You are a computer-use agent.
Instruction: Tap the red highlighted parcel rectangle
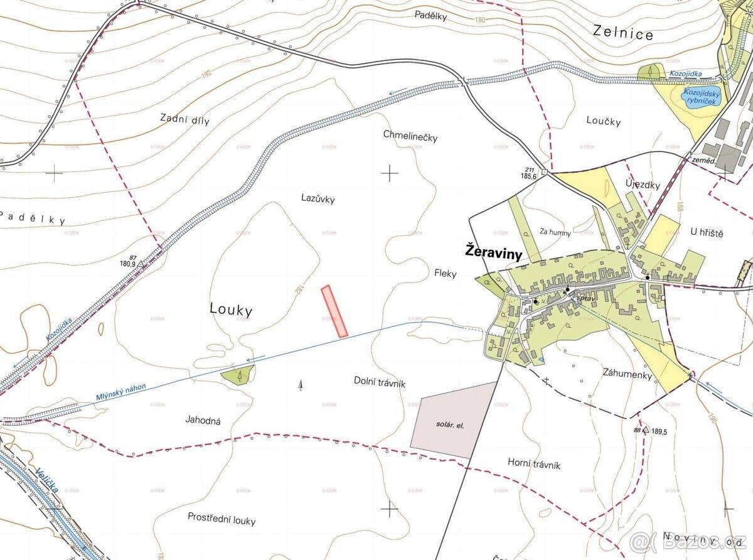click(x=334, y=311)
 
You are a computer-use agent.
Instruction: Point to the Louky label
click(x=231, y=310)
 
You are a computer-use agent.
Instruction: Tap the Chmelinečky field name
click(x=410, y=136)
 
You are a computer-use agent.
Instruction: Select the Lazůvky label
click(x=318, y=199)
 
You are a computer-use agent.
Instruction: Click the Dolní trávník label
click(x=380, y=380)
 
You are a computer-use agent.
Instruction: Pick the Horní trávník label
click(x=533, y=465)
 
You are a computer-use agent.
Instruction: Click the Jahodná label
click(x=203, y=420)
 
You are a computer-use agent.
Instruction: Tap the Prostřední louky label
click(x=222, y=519)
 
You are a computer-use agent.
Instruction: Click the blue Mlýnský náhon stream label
click(x=121, y=393)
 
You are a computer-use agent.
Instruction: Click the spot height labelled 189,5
click(x=646, y=430)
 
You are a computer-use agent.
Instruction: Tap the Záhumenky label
click(x=628, y=375)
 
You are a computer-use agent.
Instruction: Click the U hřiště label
click(x=707, y=233)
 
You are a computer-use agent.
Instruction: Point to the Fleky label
click(x=445, y=274)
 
